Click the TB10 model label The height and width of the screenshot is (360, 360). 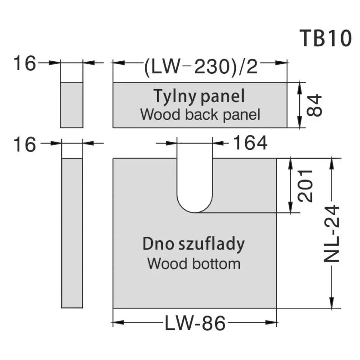325,39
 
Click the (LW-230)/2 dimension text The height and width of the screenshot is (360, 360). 201,67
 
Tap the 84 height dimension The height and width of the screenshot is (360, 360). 315,105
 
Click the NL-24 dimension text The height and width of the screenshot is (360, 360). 332,234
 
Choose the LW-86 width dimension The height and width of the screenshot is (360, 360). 194,323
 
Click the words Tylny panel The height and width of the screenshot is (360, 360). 199,96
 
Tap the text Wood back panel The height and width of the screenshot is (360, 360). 200,114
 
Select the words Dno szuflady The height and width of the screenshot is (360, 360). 194,244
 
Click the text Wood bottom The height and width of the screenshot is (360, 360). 194,263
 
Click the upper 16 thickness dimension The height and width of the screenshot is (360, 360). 24,63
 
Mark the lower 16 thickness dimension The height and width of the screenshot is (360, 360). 24,144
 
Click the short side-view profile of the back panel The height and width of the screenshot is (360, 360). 72,105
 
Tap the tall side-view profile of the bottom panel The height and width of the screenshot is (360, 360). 72,233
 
